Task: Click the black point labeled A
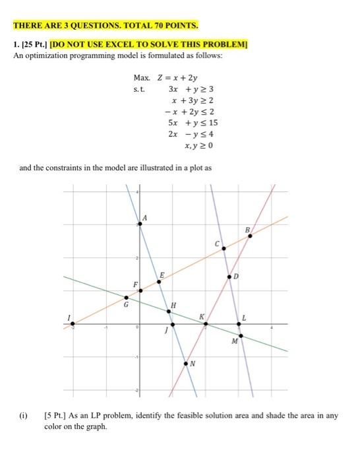[138, 224]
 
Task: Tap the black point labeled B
[249, 236]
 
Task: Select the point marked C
[224, 248]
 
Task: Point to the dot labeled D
[230, 276]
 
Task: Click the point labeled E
[160, 282]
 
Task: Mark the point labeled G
[127, 298]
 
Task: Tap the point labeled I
[73, 324]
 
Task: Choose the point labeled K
[206, 323]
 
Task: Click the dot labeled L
[239, 324]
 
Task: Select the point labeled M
[241, 336]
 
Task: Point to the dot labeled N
[186, 362]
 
